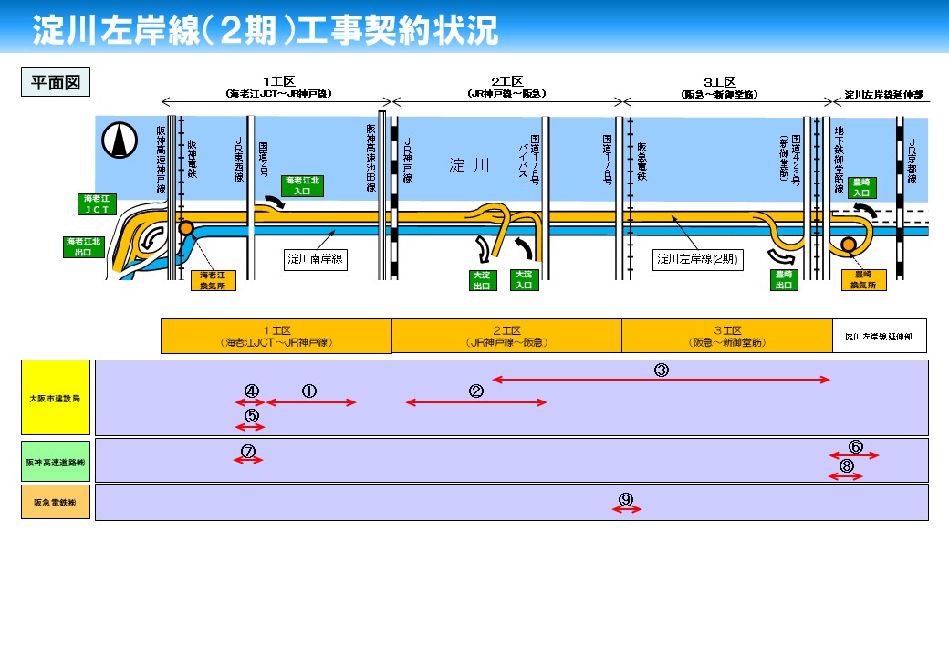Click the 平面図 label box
(x=56, y=81)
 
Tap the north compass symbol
(x=116, y=139)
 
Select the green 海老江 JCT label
(x=97, y=203)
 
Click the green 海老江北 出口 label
(x=84, y=247)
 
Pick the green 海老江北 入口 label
(x=302, y=186)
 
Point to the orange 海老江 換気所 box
(x=218, y=280)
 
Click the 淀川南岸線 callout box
(x=316, y=259)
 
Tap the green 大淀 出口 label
(x=481, y=280)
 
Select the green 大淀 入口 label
(x=524, y=280)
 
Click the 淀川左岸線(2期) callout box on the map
(x=698, y=259)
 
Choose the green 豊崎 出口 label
(x=783, y=280)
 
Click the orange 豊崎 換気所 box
(x=863, y=280)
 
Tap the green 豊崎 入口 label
(x=860, y=187)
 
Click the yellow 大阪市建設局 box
(x=56, y=397)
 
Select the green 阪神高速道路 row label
(x=56, y=462)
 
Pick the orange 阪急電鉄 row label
(x=56, y=502)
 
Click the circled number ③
(x=662, y=370)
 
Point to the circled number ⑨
(x=626, y=499)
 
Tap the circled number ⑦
(x=248, y=451)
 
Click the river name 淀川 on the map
(x=470, y=165)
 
